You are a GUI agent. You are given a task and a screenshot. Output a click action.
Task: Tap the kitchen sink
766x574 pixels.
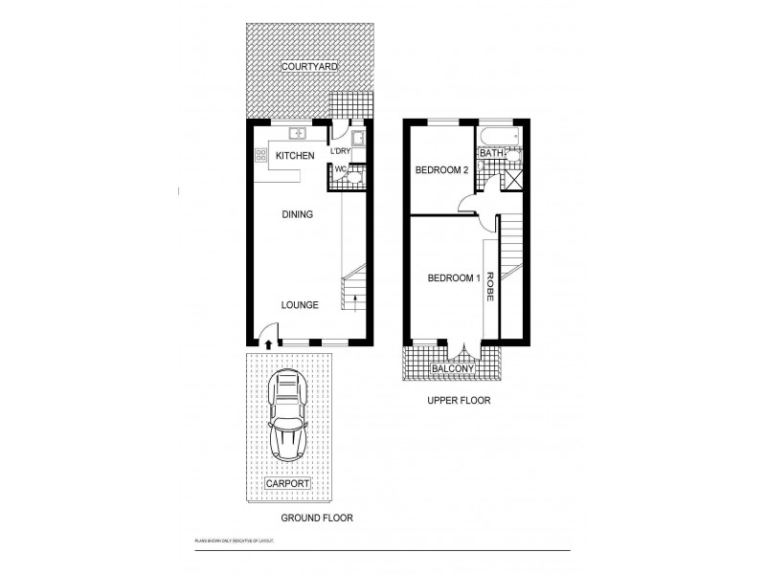coord(298,134)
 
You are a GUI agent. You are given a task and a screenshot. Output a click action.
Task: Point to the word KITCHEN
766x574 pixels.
coord(295,156)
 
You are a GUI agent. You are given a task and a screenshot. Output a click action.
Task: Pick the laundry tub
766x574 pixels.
coord(357,138)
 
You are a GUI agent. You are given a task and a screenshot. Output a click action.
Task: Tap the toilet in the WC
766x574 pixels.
coord(351,176)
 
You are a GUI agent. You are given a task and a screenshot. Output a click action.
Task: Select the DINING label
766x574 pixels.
coord(297,215)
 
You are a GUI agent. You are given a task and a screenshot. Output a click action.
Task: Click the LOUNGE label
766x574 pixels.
coord(300,305)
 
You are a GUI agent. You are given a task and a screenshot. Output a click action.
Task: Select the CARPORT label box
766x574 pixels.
coord(288,483)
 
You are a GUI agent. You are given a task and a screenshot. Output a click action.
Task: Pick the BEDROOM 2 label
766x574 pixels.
coord(440,170)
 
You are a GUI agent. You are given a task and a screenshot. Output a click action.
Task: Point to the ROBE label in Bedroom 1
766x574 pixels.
coord(489,288)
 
